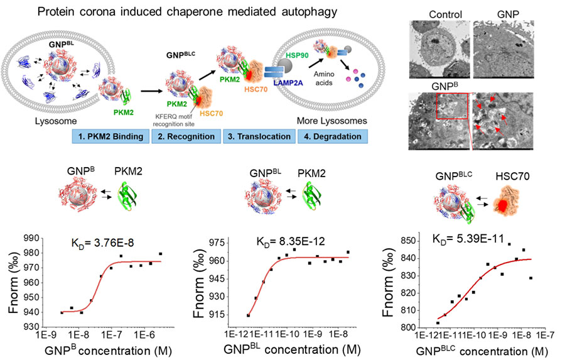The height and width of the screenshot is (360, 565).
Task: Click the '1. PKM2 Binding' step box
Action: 110,136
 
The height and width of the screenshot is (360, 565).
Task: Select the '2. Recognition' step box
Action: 186,136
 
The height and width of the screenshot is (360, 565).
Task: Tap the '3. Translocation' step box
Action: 259,136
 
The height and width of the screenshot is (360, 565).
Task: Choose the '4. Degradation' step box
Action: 333,136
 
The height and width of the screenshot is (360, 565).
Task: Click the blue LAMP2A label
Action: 288,83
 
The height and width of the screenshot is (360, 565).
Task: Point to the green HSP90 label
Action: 298,55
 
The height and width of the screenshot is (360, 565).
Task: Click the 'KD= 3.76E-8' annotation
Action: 103,243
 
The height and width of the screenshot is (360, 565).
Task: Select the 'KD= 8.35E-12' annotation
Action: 291,241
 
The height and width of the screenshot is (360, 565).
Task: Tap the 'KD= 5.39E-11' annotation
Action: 468,239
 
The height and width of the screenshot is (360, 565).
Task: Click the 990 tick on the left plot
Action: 31,239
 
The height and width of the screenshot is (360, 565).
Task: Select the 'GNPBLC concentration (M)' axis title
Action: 482,351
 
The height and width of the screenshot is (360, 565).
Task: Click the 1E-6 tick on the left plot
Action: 144,334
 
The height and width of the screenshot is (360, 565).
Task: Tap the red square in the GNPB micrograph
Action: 452,106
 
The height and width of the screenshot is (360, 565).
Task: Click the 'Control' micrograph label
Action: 445,14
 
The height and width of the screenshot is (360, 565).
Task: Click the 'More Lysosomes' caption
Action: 332,121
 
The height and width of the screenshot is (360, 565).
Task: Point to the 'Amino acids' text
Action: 323,79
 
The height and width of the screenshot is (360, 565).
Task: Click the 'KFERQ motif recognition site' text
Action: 173,121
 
